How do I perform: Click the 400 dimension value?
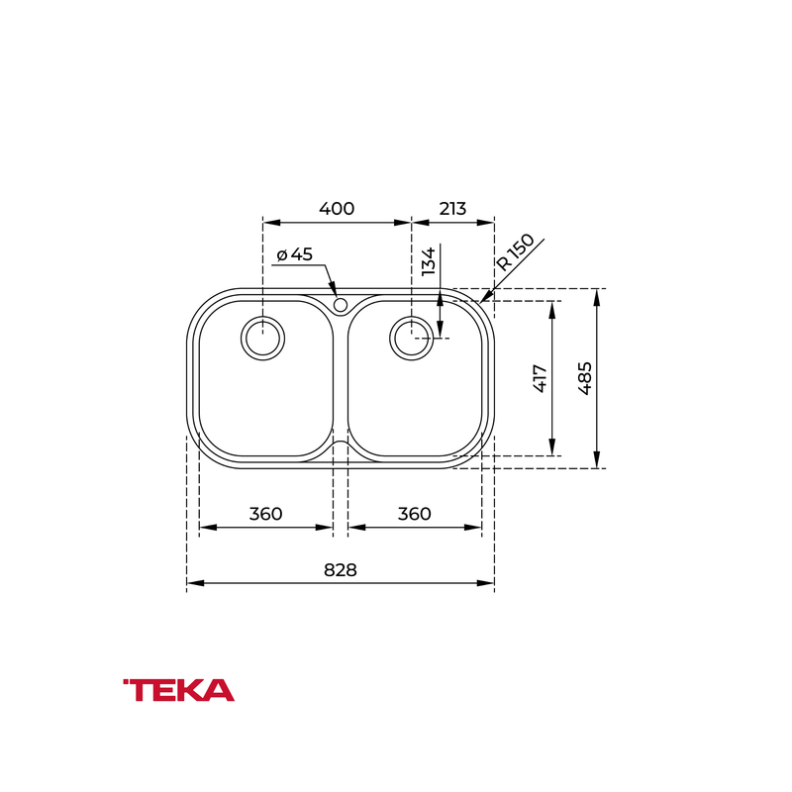click(x=337, y=208)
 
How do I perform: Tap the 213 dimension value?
click(x=452, y=208)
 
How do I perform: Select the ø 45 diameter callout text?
click(x=295, y=254)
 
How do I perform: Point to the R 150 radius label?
click(x=515, y=251)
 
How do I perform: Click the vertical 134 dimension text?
click(x=428, y=261)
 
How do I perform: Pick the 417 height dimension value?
click(x=540, y=378)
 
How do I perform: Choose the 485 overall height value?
click(x=584, y=378)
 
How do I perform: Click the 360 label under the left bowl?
click(x=265, y=514)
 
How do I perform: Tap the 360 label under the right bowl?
click(x=414, y=514)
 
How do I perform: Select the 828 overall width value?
click(x=340, y=570)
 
